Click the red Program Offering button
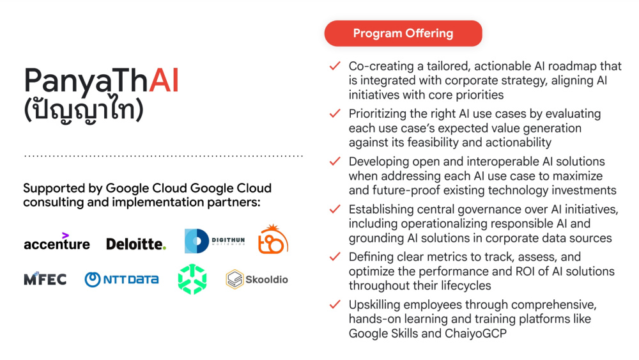pyautogui.click(x=403, y=33)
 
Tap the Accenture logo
pyautogui.click(x=57, y=241)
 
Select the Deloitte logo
pyautogui.click(x=136, y=244)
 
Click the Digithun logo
pyautogui.click(x=215, y=241)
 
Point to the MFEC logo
pyautogui.click(x=45, y=279)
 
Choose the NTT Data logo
pyautogui.click(x=121, y=279)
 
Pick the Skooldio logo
pyautogui.click(x=257, y=279)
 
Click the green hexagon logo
pyautogui.click(x=192, y=279)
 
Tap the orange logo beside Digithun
pyautogui.click(x=273, y=239)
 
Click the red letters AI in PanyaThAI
pyautogui.click(x=164, y=81)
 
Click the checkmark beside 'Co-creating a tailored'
pyautogui.click(x=335, y=66)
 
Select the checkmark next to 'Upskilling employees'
pyautogui.click(x=335, y=304)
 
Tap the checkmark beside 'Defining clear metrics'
pyautogui.click(x=335, y=256)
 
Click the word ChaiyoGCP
pyautogui.click(x=475, y=334)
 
